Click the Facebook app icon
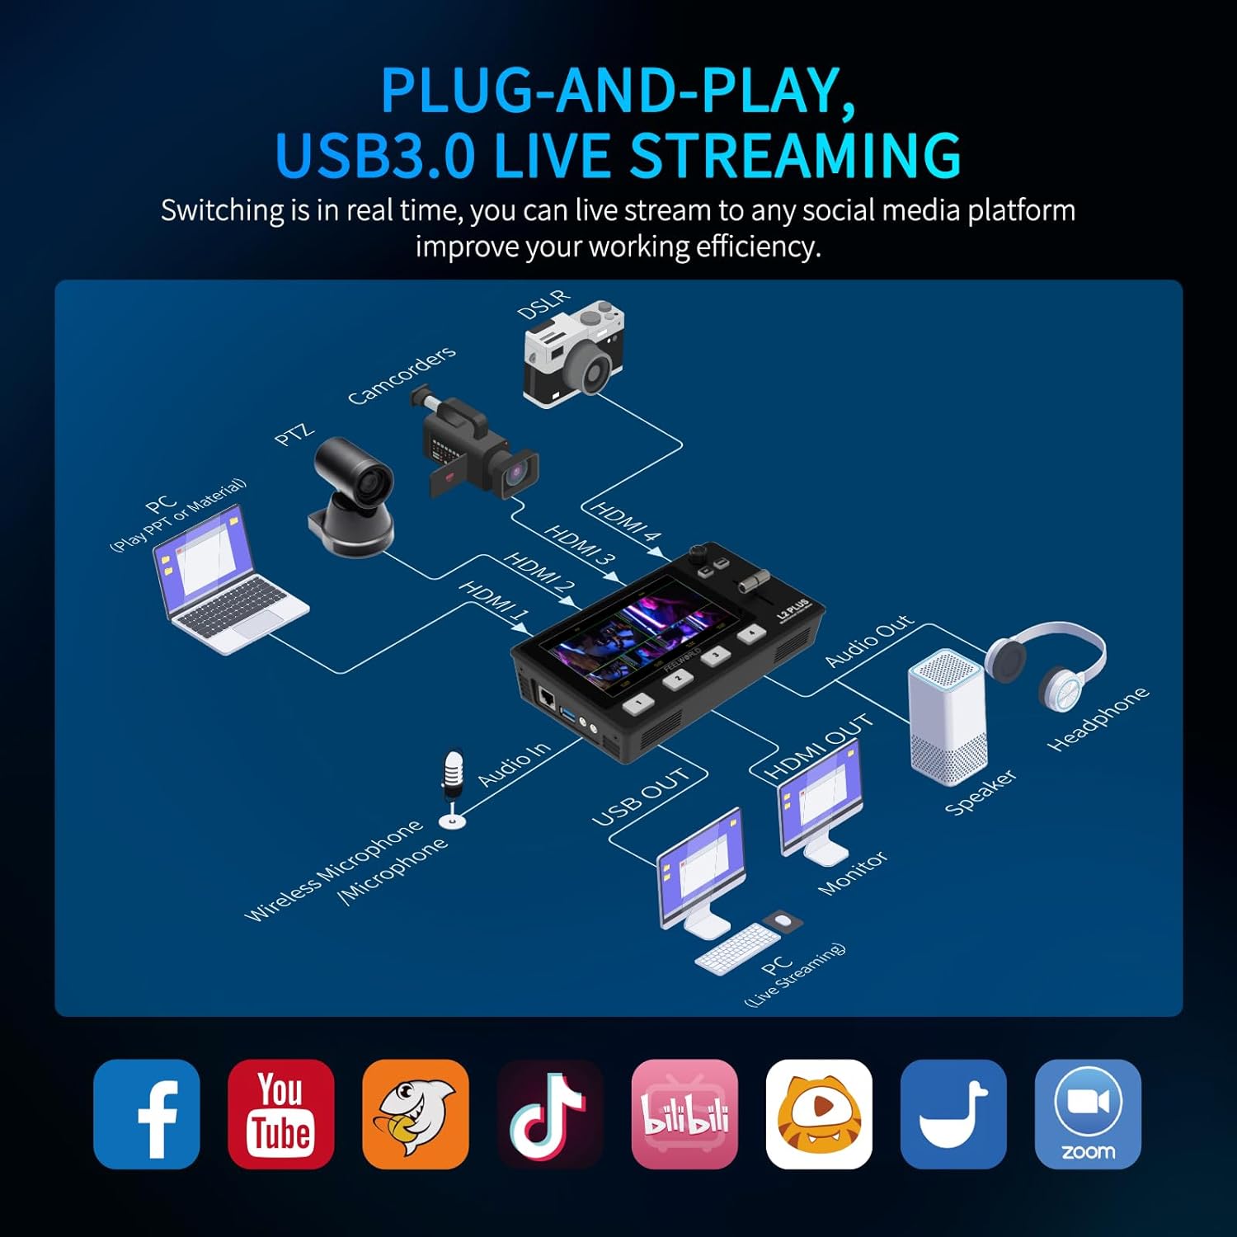pyautogui.click(x=147, y=1114)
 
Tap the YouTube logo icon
pyautogui.click(x=281, y=1114)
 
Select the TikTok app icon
pyautogui.click(x=550, y=1114)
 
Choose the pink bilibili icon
pyautogui.click(x=684, y=1114)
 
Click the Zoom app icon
pyautogui.click(x=1088, y=1114)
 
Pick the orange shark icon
pyautogui.click(x=416, y=1114)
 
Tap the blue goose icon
pyautogui.click(x=953, y=1114)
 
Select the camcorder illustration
pyautogui.click(x=474, y=445)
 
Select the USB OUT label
pyautogui.click(x=641, y=797)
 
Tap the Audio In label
pyautogui.click(x=513, y=764)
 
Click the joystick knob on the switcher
pyautogui.click(x=701, y=551)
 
